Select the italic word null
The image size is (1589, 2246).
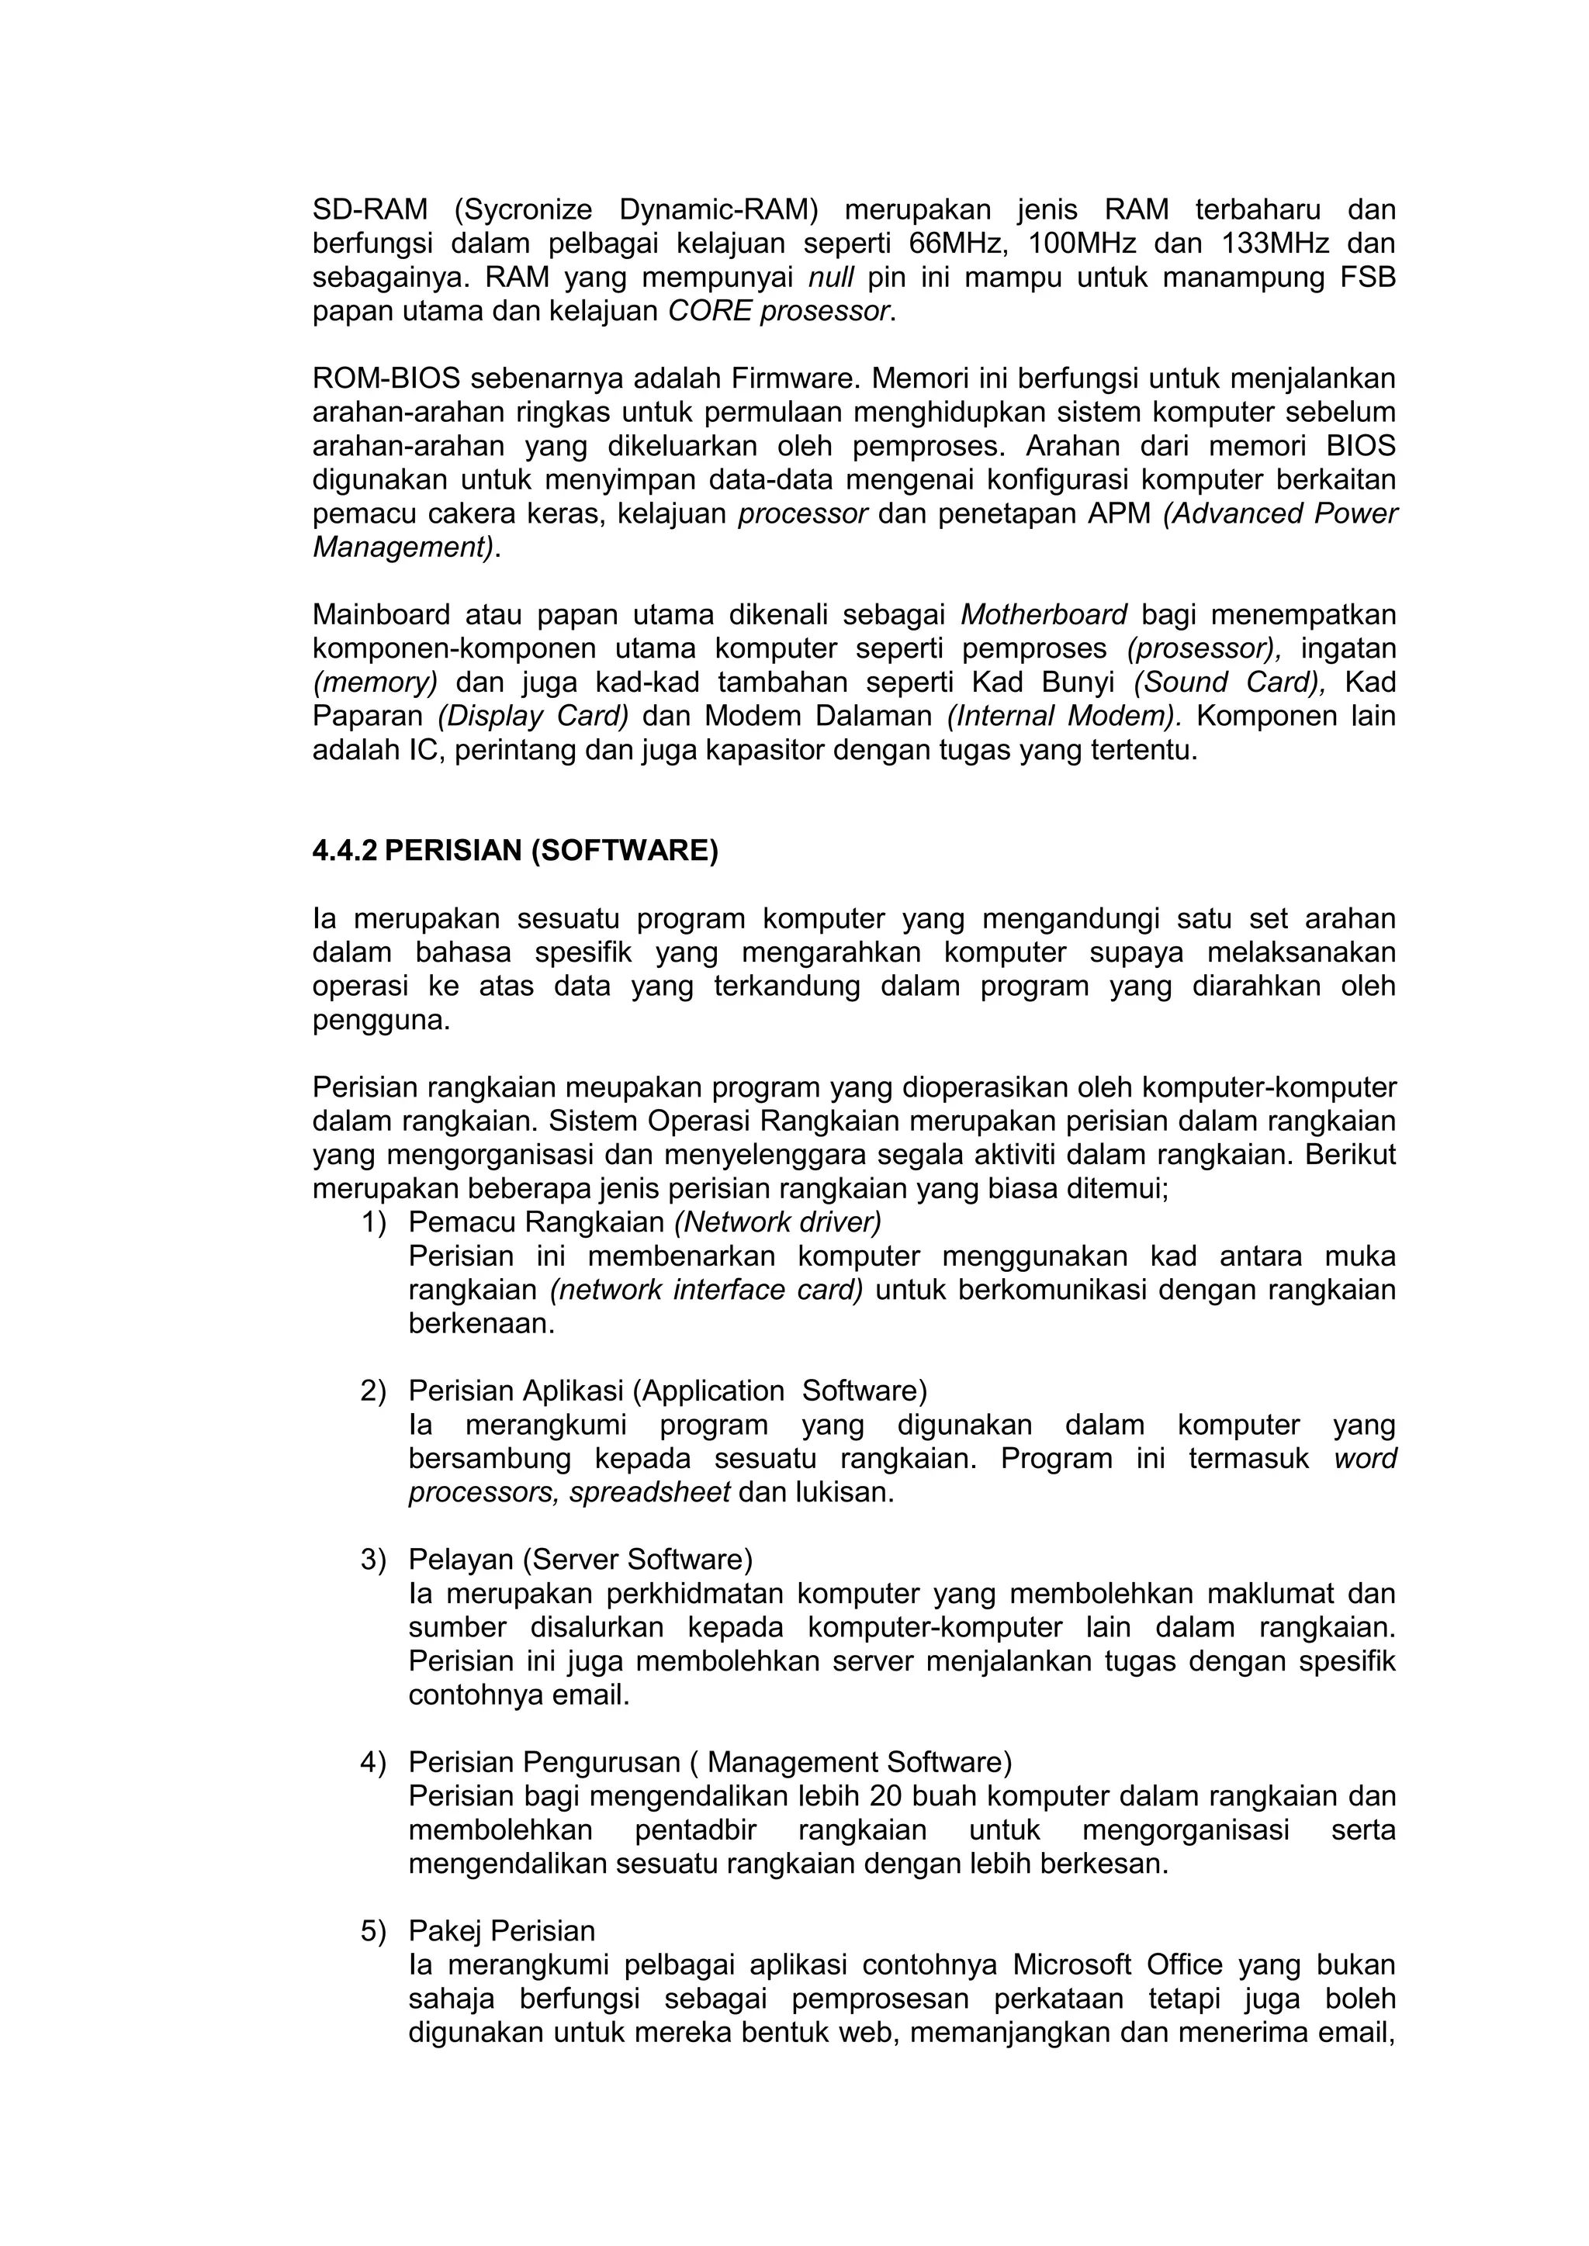pyautogui.click(x=831, y=278)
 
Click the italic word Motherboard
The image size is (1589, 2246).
pyautogui.click(x=1044, y=614)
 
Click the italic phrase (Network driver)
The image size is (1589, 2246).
pyautogui.click(x=778, y=1221)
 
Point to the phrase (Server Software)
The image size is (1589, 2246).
pyautogui.click(x=637, y=1560)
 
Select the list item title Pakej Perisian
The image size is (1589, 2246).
pyautogui.click(x=501, y=1931)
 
